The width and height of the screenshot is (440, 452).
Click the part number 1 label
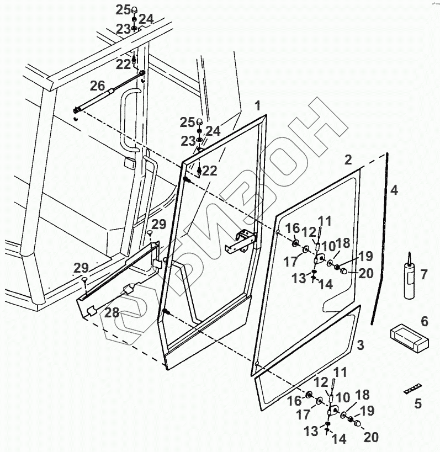[x=257, y=105]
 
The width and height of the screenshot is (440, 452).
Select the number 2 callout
[x=348, y=160]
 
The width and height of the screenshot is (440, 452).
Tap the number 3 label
[x=360, y=346]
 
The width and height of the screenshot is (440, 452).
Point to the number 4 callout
[x=393, y=190]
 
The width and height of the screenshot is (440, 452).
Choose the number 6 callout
[x=424, y=321]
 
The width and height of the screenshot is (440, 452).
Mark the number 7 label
[x=424, y=274]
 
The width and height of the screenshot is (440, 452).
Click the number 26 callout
[x=97, y=86]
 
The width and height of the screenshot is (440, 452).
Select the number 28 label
[x=112, y=313]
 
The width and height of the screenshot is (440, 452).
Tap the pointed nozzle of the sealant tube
[x=409, y=257]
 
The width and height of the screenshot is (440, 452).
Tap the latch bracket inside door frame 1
[x=243, y=241]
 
